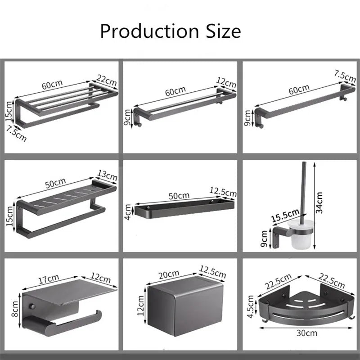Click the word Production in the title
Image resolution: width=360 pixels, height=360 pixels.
click(149, 31)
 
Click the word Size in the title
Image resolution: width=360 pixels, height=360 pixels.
click(223, 31)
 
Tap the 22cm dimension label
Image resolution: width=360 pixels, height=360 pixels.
click(107, 80)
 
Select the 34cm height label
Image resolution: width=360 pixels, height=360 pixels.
click(319, 202)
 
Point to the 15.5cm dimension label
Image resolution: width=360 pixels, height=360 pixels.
click(285, 216)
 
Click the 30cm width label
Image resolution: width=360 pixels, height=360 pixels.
click(307, 333)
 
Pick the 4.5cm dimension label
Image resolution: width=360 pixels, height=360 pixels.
click(251, 306)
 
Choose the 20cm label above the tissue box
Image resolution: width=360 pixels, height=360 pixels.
click(169, 274)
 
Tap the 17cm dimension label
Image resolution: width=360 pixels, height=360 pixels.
click(49, 279)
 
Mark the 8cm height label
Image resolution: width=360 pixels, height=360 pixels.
click(15, 309)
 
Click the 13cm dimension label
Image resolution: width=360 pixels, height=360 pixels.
click(107, 175)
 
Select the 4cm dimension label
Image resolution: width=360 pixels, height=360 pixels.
click(128, 212)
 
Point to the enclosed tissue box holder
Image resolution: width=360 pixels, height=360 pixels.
click(185, 306)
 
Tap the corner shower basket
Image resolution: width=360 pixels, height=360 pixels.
click(306, 306)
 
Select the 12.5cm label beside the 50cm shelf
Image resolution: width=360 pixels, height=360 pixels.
click(223, 192)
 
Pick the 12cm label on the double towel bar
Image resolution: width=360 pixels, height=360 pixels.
click(226, 83)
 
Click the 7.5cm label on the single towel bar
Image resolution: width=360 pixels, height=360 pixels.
click(345, 76)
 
